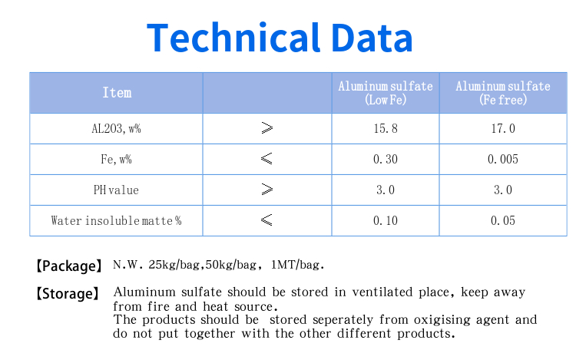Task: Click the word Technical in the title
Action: point(233,38)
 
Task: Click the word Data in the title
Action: point(372,38)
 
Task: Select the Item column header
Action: point(117,92)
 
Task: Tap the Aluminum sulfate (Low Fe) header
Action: point(386,93)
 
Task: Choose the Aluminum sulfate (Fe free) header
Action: point(503,93)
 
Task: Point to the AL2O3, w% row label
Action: point(116,128)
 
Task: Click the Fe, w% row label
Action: point(116,159)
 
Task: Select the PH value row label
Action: point(116,190)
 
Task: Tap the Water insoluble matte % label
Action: point(116,220)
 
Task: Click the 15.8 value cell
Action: point(386,128)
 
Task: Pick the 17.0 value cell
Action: point(503,128)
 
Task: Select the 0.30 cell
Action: point(386,159)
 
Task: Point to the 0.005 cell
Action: point(503,159)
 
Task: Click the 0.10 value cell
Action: point(386,220)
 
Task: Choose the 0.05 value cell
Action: point(503,220)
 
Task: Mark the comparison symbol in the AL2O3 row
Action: point(267,128)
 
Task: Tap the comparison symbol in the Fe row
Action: point(266,159)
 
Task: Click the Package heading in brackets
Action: point(68,266)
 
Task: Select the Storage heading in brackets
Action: point(68,293)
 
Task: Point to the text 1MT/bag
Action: point(297,265)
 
